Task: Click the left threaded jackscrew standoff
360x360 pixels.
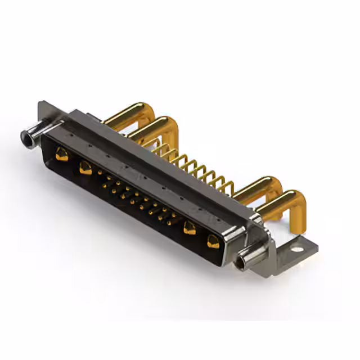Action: pos(31,135)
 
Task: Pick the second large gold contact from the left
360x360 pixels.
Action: pos(85,167)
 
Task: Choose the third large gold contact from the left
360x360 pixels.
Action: pos(190,227)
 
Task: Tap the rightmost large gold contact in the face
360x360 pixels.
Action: pos(213,241)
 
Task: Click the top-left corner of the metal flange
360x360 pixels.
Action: pos(40,104)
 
